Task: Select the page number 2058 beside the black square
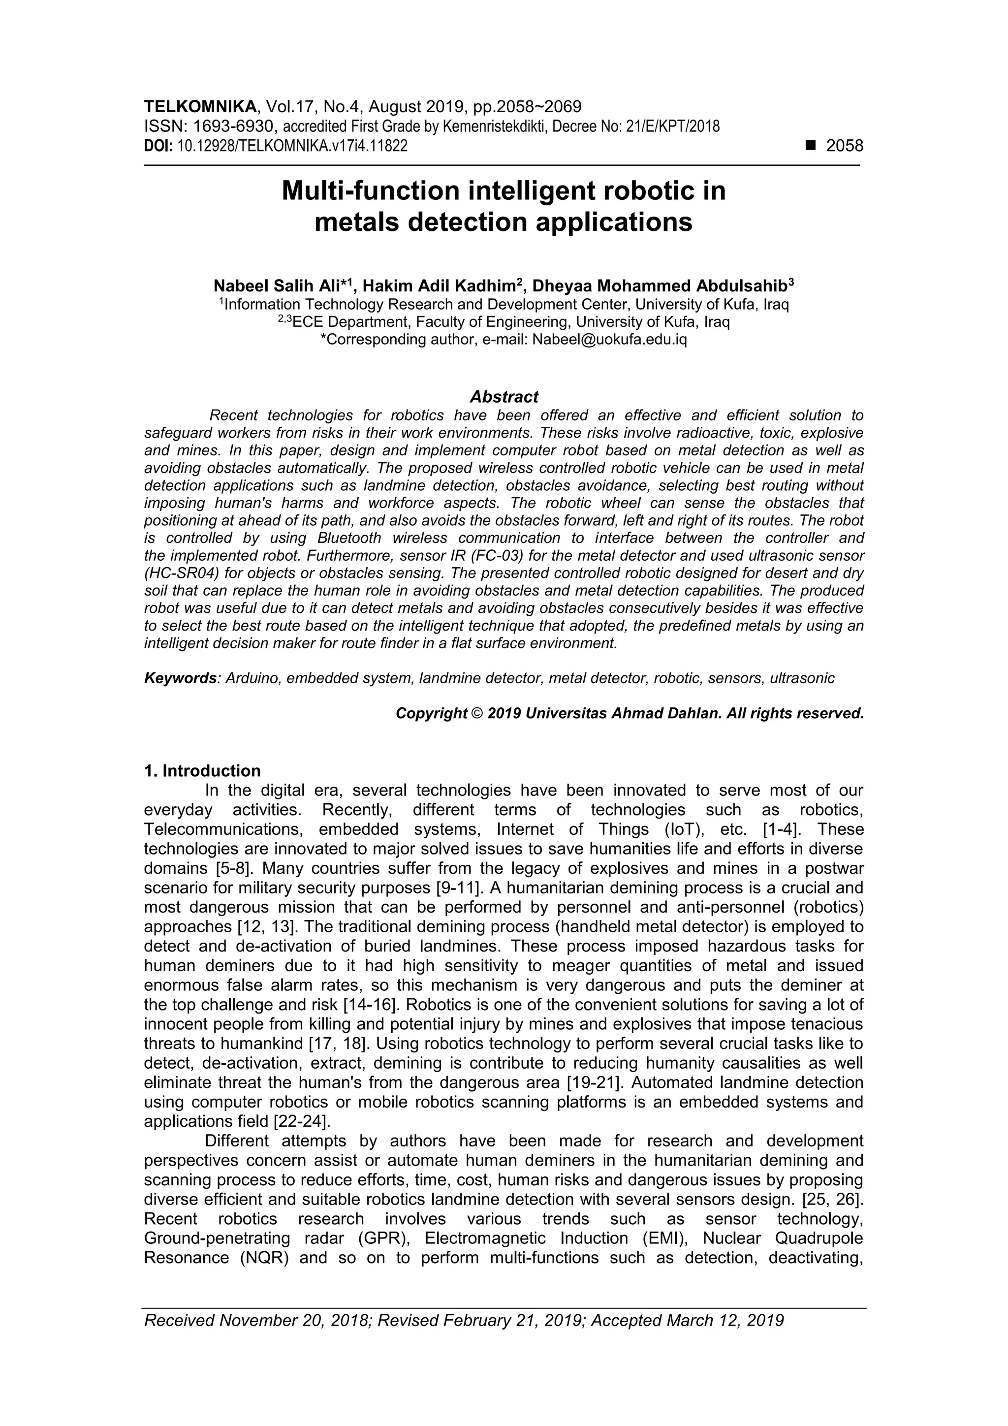pos(844,146)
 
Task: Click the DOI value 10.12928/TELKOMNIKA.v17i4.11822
pos(292,147)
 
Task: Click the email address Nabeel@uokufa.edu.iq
pos(609,340)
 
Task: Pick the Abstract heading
pos(504,397)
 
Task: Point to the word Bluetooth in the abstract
pos(349,538)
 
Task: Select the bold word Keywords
pos(180,678)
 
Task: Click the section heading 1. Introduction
pos(202,771)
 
